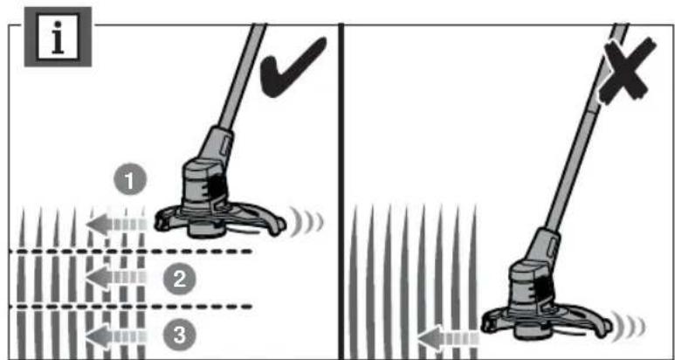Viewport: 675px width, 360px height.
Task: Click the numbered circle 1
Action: [x=130, y=182]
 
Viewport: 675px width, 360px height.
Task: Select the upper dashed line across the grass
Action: [x=131, y=253]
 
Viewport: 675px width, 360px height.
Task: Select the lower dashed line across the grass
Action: [x=131, y=306]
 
